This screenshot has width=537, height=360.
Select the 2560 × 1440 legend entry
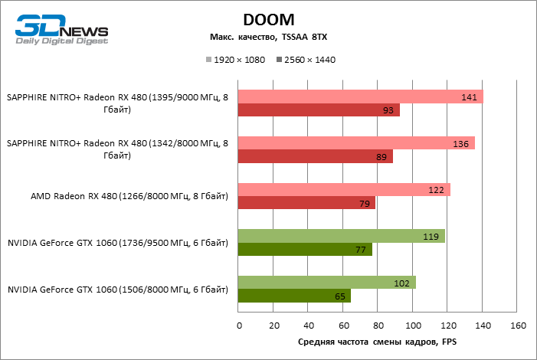coord(309,59)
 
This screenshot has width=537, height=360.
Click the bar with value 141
coord(360,97)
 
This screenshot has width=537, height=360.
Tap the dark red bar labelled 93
coord(319,110)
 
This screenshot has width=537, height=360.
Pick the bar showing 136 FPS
coord(356,143)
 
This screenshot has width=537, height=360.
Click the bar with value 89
coord(316,157)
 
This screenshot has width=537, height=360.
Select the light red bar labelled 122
coord(344,190)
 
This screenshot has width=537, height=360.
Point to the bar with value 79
coord(306,204)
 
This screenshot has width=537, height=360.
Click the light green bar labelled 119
coord(341,237)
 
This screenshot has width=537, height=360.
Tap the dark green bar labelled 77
coord(305,250)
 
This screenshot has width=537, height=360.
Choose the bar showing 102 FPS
coord(327,283)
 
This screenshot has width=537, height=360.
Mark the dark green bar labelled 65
coord(294,296)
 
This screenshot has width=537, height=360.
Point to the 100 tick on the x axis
coord(413,326)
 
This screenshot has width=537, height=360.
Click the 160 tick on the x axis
coord(517,326)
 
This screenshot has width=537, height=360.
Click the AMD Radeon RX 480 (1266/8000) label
coord(129,197)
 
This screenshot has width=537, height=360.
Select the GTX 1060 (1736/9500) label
coord(118,244)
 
